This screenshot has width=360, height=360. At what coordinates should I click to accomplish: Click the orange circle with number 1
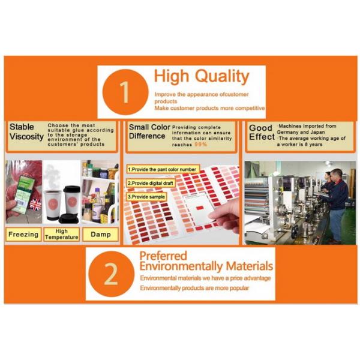pos(125,92)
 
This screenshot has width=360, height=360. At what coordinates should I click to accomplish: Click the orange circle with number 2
pos(111,274)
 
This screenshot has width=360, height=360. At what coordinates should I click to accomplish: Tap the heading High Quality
pos(202,77)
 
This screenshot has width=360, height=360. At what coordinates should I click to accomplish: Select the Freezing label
pos(23,235)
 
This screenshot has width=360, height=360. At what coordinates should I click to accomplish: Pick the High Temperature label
pos(62,235)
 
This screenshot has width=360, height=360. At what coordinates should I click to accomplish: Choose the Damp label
pos(101,235)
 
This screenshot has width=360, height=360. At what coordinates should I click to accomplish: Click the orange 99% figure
pos(200,144)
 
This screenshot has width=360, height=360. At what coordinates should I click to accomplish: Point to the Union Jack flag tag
pos(35,205)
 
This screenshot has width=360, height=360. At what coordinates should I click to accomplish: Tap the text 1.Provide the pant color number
pos(162,169)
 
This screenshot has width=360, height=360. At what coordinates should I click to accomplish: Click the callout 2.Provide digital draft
pos(151,183)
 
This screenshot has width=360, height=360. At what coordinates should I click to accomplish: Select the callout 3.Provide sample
pos(146,197)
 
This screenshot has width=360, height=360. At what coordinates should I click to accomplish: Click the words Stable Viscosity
pos(26,132)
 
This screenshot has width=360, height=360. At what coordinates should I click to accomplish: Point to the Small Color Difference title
pos(149,131)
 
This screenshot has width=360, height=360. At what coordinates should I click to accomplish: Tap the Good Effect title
pos(262,133)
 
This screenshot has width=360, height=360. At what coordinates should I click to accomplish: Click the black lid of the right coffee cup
pos(72,189)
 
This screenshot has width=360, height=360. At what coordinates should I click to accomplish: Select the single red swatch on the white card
pos(200,208)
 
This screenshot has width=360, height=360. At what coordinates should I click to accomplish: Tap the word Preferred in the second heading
pos(163,256)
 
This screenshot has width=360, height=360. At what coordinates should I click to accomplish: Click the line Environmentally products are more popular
pos(194,288)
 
